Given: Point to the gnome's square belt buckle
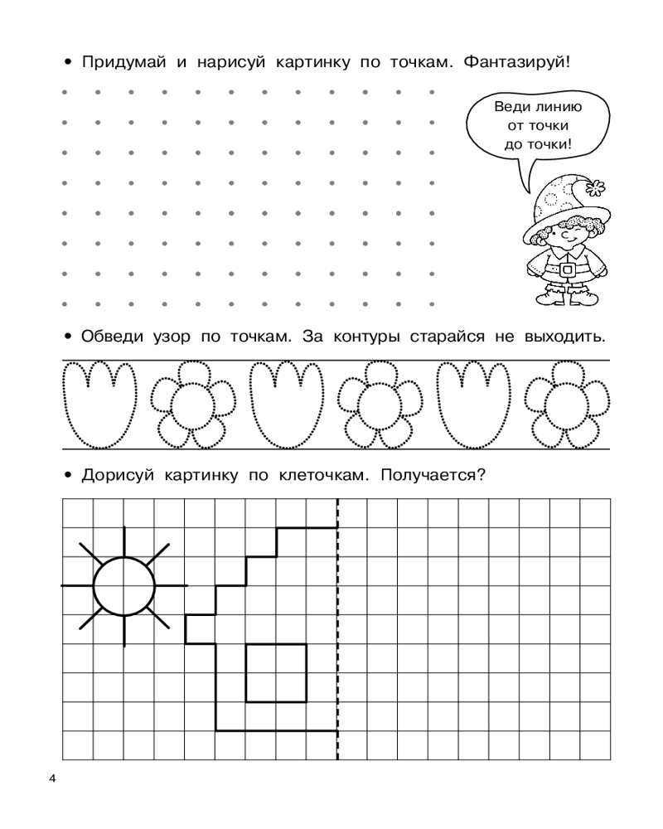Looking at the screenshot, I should pos(568,270).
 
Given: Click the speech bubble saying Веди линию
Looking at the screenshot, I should pos(539,125).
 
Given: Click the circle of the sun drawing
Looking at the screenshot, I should pos(124,586).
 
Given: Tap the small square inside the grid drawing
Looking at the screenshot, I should pos(276,673).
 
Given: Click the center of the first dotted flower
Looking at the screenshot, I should pos(188,404).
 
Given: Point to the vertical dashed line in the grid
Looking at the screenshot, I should pos(337,630).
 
